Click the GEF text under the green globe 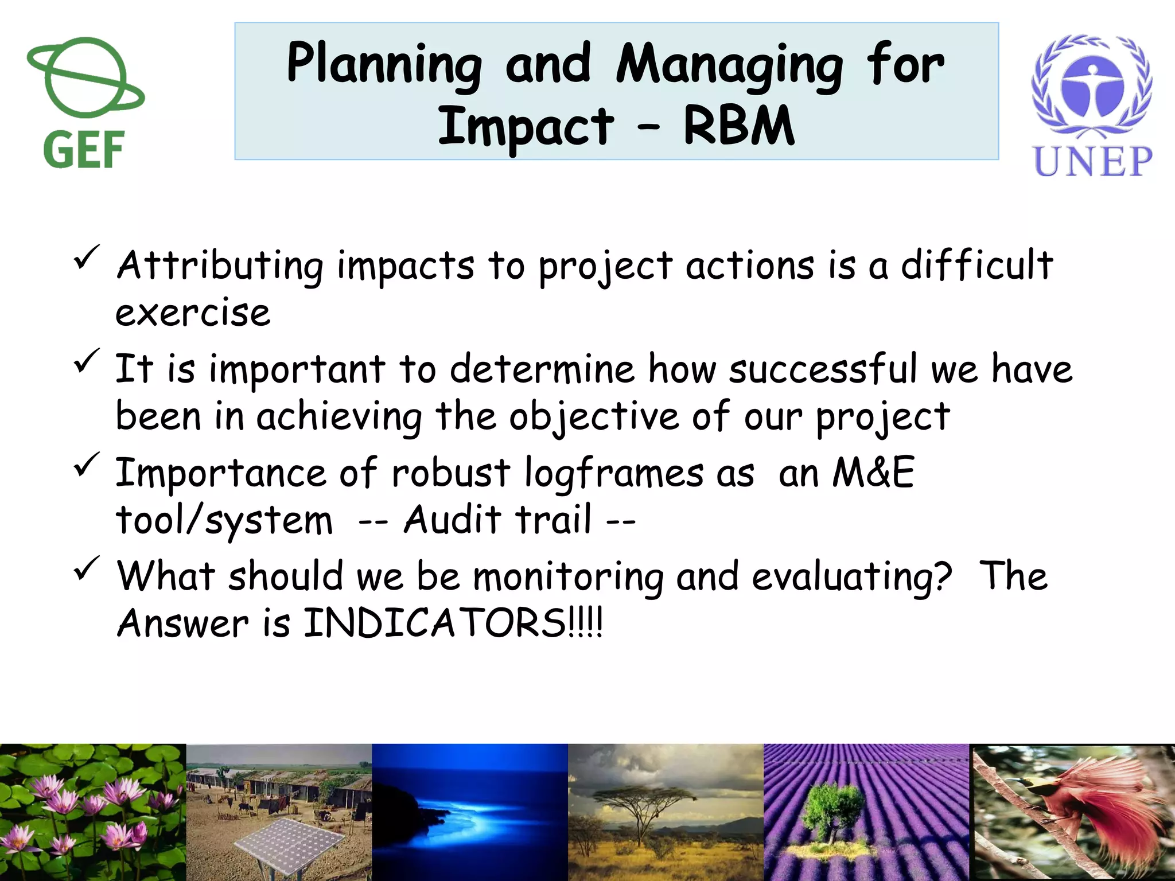click(84, 150)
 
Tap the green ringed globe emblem click(85, 77)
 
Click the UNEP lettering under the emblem click(1092, 161)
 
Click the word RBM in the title click(738, 127)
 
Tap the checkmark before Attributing click(87, 257)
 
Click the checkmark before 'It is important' click(87, 361)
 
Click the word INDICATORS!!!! click(453, 623)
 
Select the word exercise click(193, 314)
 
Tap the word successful click(823, 369)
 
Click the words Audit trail click(497, 520)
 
